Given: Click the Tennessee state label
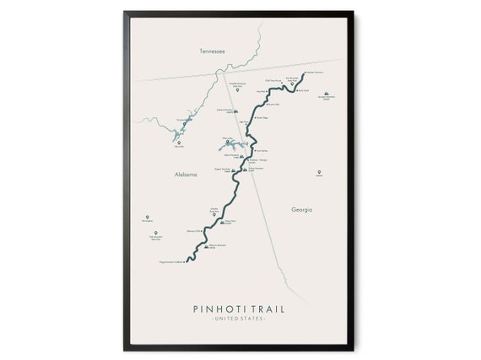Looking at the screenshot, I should (x=212, y=51).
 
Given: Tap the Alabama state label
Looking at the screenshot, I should (x=185, y=175).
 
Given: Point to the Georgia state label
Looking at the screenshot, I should (x=301, y=209).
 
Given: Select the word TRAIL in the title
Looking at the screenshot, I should (x=265, y=309).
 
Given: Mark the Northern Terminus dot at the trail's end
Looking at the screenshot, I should (x=303, y=73).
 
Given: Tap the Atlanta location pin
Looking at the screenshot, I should (x=319, y=172).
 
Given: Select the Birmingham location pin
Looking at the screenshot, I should (x=147, y=217).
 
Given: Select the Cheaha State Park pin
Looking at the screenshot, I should (x=213, y=214).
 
